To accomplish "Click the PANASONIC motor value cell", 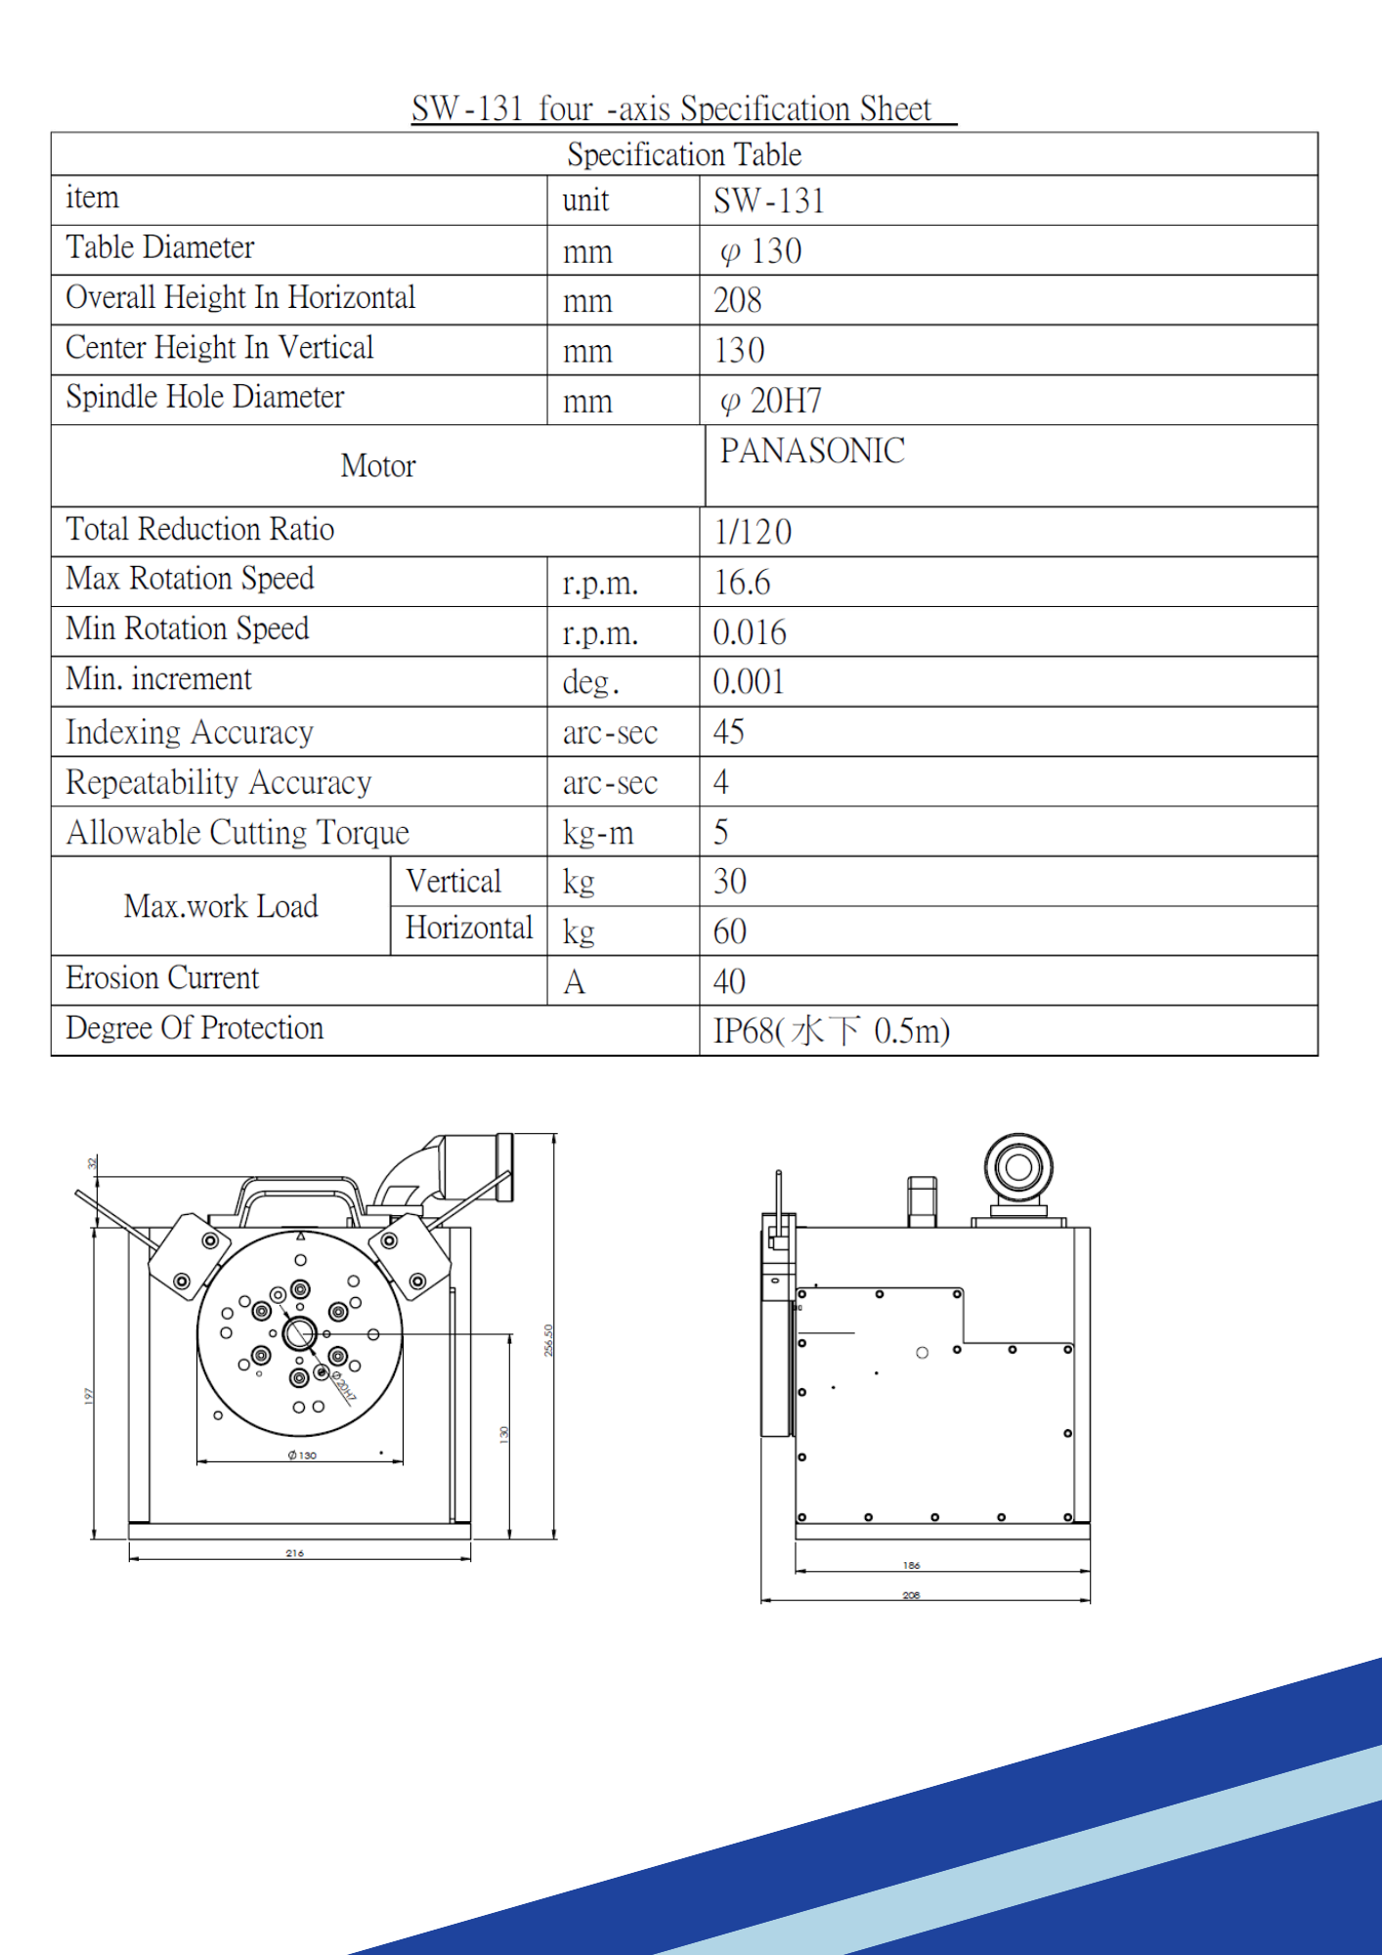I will [812, 452].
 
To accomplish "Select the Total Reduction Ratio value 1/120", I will [753, 532].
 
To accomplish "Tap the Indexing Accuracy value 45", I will [729, 732].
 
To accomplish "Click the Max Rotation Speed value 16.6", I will [743, 583].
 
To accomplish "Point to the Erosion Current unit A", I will [575, 981].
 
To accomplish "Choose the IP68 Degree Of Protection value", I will [831, 1031].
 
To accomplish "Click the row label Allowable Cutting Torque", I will [238, 832].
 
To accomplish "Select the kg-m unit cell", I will [598, 833].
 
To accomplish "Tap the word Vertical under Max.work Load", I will [453, 882].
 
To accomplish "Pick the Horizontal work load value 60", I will [730, 932].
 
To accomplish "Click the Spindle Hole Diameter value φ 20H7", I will [771, 401].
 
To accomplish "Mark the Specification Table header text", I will [684, 154].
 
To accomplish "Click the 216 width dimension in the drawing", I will [295, 1552].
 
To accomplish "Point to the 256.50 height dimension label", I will [548, 1340].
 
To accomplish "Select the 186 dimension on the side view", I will [911, 1565].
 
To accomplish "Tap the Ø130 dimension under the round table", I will [302, 1455].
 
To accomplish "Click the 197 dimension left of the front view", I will [89, 1396].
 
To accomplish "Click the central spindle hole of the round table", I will [299, 1332].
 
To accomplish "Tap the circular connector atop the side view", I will [1018, 1166].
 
